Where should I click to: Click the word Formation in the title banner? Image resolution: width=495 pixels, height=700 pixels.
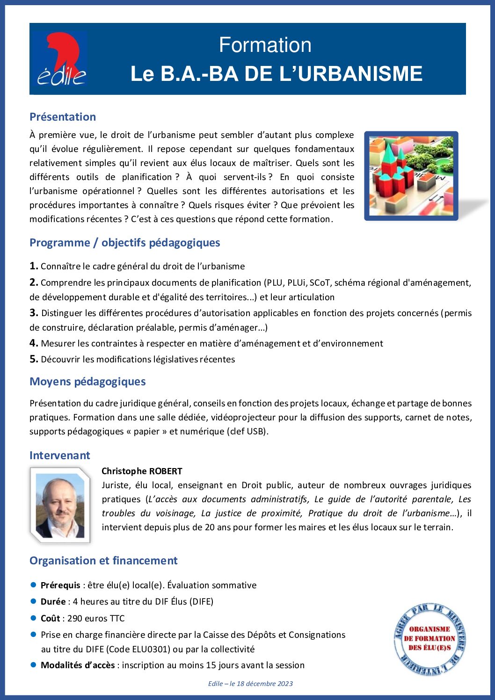pos(265,45)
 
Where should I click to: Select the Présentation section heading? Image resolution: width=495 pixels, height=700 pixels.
pos(63,117)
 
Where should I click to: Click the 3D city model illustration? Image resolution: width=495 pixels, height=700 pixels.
pos(411,175)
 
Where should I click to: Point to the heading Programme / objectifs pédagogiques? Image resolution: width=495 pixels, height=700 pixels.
pos(124,243)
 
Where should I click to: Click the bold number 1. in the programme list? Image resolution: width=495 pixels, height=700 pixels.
pos(34,266)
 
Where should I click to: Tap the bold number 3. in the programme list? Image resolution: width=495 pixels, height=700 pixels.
pos(34,313)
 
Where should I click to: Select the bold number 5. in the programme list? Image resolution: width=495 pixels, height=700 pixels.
pos(34,359)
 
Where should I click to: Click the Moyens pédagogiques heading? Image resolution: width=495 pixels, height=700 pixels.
pos(87,382)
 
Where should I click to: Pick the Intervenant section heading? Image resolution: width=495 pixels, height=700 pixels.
pos(59,455)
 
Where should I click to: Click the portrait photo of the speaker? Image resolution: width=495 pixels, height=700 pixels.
pos(60,505)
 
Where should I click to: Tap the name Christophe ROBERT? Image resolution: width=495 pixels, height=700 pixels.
pos(142,471)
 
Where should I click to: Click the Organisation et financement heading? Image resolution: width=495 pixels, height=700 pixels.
pos(103,561)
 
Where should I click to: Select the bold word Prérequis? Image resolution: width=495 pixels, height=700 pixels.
pos(60,585)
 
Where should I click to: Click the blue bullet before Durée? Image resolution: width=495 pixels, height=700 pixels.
pos(33,601)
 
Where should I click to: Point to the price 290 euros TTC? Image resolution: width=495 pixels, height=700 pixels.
pos(96,618)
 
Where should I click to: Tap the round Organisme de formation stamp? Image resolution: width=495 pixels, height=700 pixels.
pos(429,639)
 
